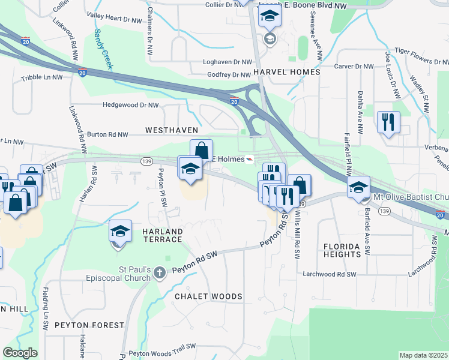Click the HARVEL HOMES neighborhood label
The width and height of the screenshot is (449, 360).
[x=286, y=72]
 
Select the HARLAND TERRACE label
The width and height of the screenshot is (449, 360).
[x=161, y=235]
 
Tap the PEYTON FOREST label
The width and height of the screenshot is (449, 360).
[x=89, y=325]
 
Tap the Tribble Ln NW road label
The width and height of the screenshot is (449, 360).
[x=41, y=78]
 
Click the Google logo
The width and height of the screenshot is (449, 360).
[x=20, y=353]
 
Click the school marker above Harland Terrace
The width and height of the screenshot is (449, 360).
[x=120, y=232]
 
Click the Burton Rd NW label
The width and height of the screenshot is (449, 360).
[x=108, y=135]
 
